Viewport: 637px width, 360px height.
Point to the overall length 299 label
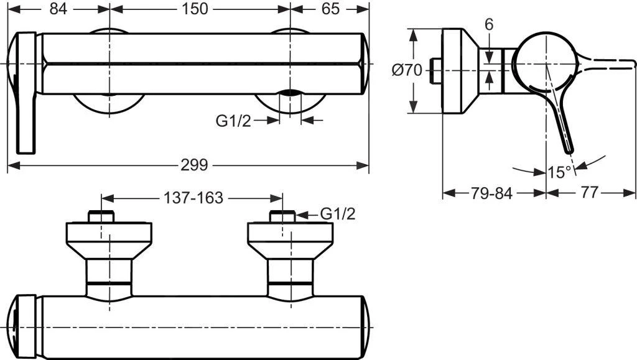click(x=195, y=165)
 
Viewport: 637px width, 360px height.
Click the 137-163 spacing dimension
click(x=193, y=198)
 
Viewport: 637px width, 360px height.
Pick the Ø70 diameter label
click(x=407, y=70)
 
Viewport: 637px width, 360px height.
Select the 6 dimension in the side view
click(x=489, y=25)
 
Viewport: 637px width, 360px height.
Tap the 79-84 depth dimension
click(x=491, y=193)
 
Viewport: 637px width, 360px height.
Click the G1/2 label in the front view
click(x=233, y=121)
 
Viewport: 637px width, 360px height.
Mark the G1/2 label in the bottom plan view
click(x=338, y=215)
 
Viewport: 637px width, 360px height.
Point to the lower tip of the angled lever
click(x=569, y=148)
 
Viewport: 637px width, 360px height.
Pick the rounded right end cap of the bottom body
click(x=365, y=327)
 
